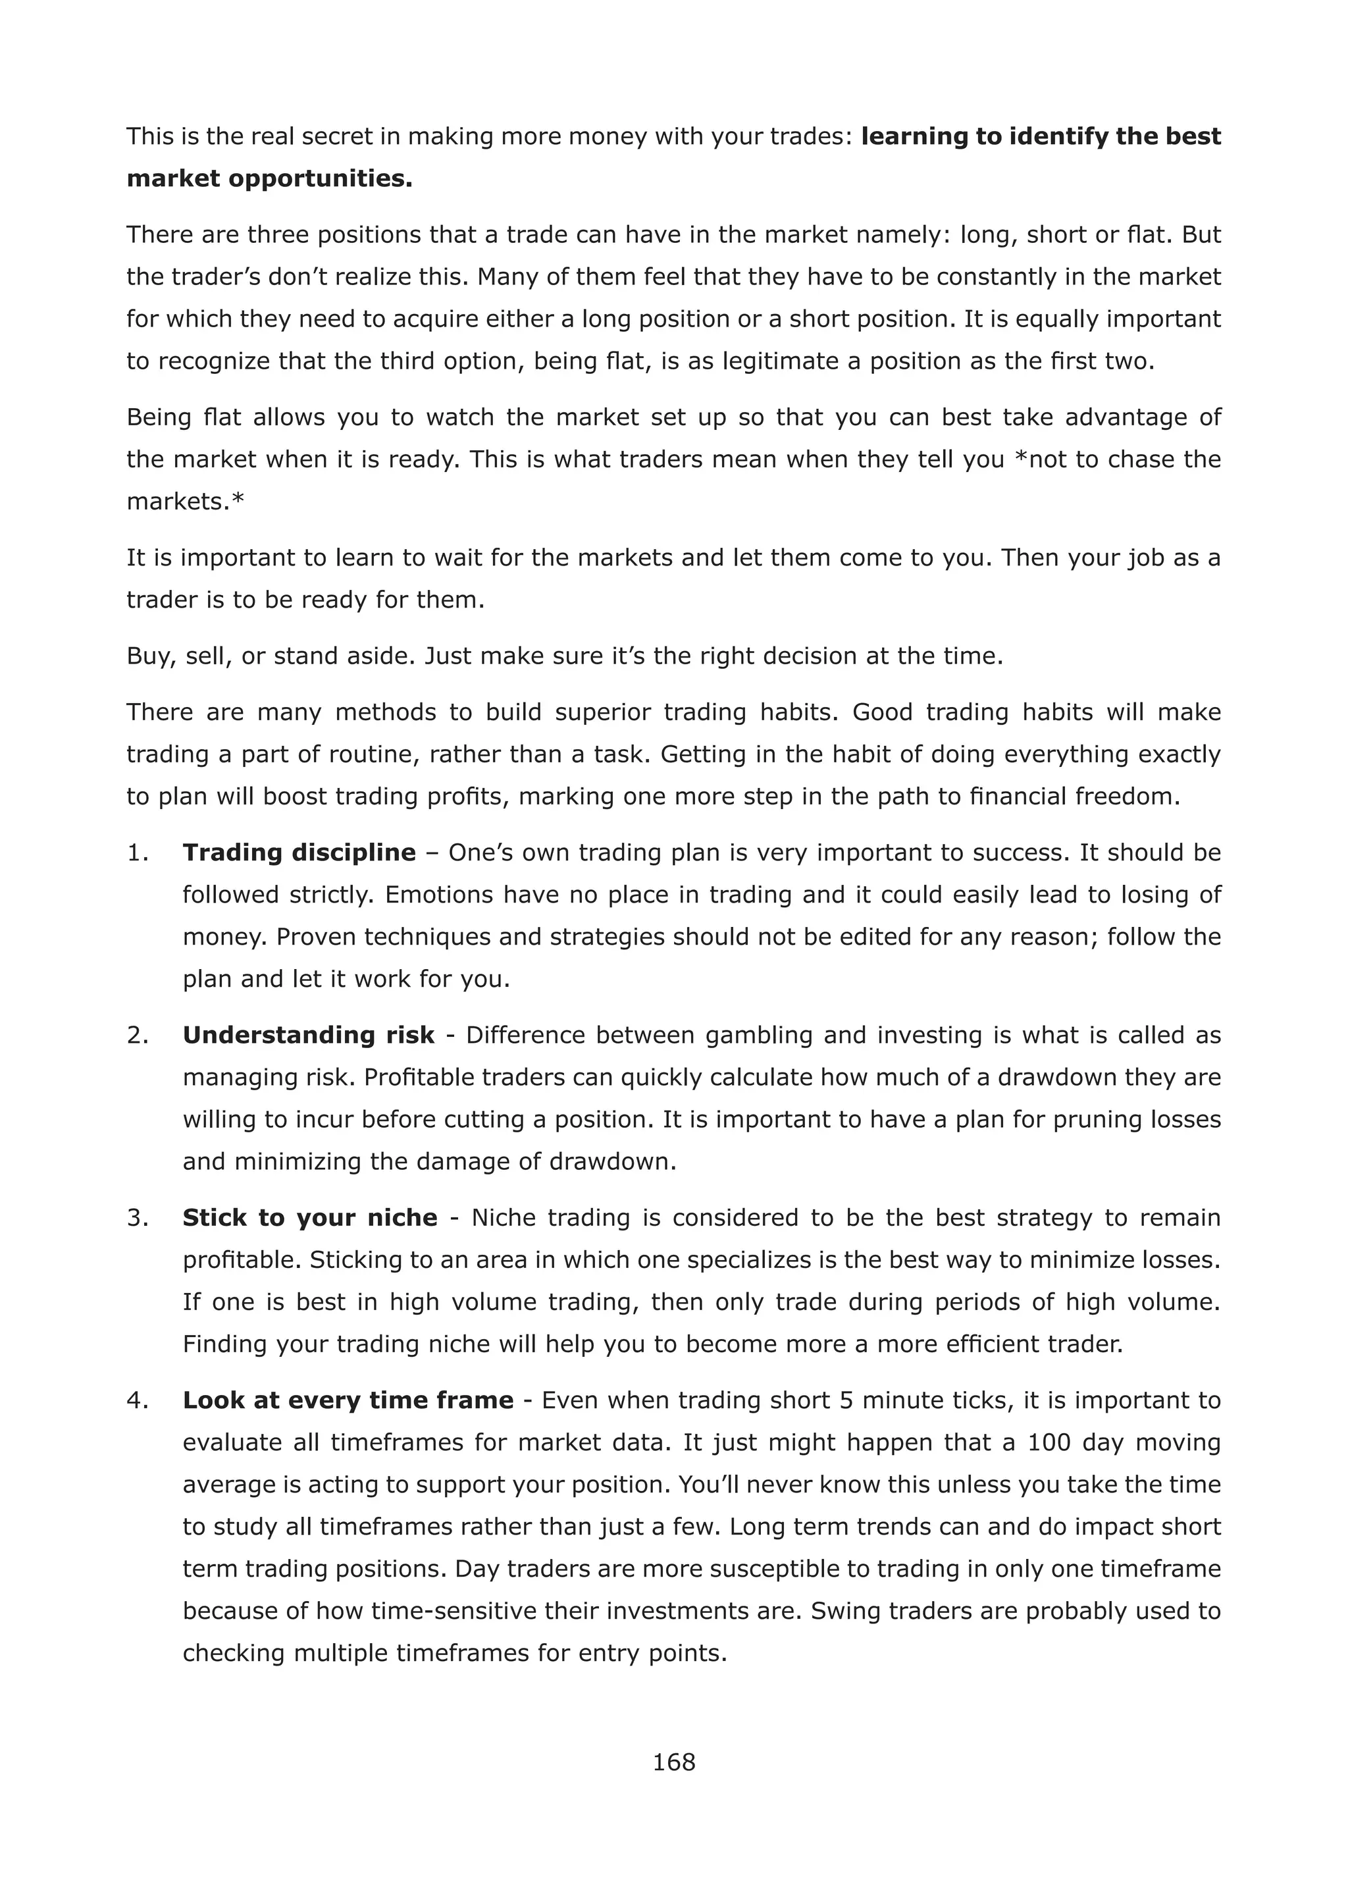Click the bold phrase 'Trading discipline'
pos(299,853)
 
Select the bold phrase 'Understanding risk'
pos(308,1035)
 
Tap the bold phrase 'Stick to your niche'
pos(309,1218)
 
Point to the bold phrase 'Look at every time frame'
pos(348,1400)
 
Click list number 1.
pos(137,853)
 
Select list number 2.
pos(137,1035)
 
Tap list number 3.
pos(137,1218)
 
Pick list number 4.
pos(137,1400)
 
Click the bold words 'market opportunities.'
pos(269,178)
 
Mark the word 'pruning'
pos(1097,1119)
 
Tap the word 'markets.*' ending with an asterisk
pos(185,502)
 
